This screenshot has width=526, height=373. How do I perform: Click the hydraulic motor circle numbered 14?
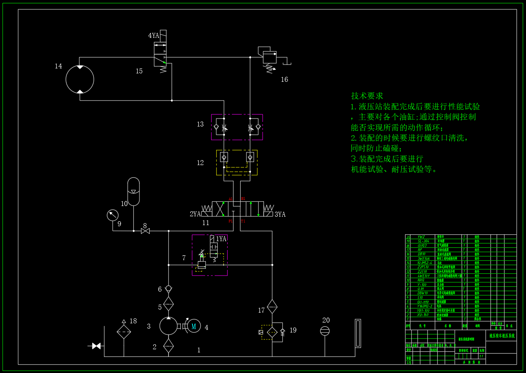(80, 79)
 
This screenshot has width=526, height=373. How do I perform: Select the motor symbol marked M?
(194, 326)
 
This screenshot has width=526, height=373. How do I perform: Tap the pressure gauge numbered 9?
(113, 215)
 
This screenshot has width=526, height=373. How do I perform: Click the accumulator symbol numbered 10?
(133, 191)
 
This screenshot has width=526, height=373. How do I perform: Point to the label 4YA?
(154, 36)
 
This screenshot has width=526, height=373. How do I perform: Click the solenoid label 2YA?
(195, 214)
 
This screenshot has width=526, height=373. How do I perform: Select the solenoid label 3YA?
(280, 214)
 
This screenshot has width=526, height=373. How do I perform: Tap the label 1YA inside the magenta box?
(221, 239)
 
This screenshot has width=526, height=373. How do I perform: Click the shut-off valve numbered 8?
(145, 231)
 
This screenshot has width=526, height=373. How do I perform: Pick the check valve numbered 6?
(168, 289)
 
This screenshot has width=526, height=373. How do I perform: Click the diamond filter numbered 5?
(168, 304)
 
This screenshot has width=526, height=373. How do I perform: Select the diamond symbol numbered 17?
(272, 307)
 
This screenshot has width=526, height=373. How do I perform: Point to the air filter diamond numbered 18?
(124, 332)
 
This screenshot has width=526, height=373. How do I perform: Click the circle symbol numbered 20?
(325, 331)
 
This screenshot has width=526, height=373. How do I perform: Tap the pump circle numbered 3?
(168, 326)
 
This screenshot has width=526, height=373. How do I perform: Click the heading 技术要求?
(367, 96)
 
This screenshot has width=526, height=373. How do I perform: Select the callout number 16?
(285, 79)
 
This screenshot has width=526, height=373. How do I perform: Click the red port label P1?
(230, 221)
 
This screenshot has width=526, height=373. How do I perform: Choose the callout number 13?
(200, 124)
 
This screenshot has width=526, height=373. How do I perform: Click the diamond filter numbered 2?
(168, 346)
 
